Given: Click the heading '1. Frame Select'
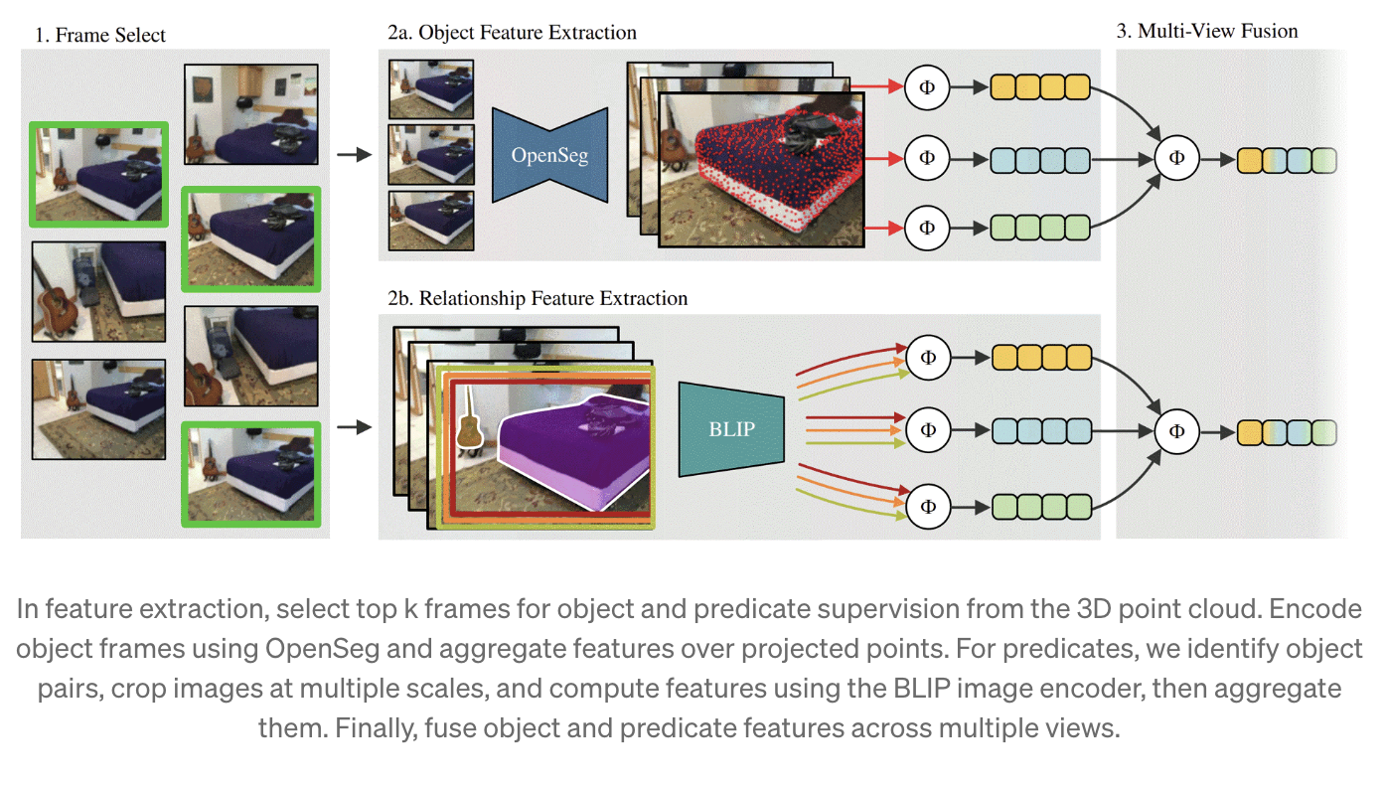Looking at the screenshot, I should tap(100, 36).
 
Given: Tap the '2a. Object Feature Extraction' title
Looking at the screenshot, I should tap(512, 33).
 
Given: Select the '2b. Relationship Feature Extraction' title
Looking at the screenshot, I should tap(538, 298).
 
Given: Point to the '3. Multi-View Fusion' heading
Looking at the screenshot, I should tap(1207, 31).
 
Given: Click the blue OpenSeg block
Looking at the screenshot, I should tap(549, 156).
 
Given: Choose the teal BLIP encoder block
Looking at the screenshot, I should tap(732, 429).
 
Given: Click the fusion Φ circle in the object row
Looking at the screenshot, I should tap(1177, 158).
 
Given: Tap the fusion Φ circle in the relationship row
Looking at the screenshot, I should tap(1177, 431).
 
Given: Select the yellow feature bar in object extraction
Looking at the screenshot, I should tap(1040, 87).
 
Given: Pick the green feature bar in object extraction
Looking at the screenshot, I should tap(1040, 228).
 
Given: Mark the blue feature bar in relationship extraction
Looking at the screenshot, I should tap(1041, 431).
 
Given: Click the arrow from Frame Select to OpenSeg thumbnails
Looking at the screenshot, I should tap(353, 155).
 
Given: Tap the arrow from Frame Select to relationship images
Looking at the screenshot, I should tap(353, 428).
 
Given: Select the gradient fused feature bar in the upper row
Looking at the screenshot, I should tap(1287, 159).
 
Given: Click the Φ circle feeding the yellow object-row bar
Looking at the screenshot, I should tap(927, 87).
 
